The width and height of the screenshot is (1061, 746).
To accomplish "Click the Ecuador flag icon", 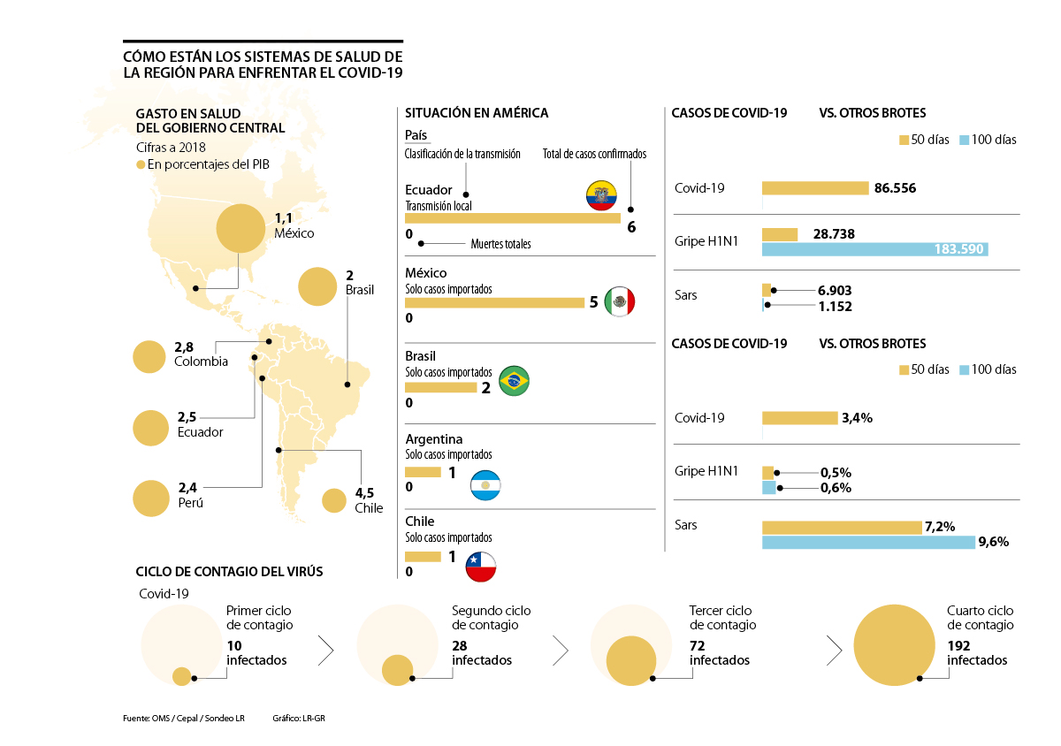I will pyautogui.click(x=601, y=194).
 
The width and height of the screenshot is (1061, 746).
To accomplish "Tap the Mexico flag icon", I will pyautogui.click(x=619, y=301).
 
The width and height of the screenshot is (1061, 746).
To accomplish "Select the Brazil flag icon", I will pyautogui.click(x=515, y=381).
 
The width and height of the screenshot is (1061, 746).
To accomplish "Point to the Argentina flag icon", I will pyautogui.click(x=485, y=485).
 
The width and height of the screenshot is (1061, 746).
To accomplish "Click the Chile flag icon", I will pyautogui.click(x=481, y=566).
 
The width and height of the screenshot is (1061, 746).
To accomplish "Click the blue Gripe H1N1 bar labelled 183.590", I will pyautogui.click(x=874, y=249).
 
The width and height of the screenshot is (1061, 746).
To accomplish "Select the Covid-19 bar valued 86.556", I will pyautogui.click(x=815, y=188).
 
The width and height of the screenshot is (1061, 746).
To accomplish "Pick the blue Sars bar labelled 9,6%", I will pyautogui.click(x=868, y=542).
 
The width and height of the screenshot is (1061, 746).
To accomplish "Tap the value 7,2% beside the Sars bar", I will pyautogui.click(x=939, y=527).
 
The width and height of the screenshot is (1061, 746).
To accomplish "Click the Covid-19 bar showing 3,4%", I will pyautogui.click(x=799, y=418).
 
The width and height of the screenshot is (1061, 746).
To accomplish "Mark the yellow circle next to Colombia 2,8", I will pyautogui.click(x=149, y=357).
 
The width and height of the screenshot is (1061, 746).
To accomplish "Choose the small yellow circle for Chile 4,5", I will pyautogui.click(x=333, y=501).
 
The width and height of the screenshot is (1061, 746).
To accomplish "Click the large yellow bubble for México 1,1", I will pyautogui.click(x=240, y=229).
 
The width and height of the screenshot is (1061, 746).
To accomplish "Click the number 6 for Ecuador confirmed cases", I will pyautogui.click(x=631, y=226).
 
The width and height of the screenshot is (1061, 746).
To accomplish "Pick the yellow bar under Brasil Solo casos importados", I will pyautogui.click(x=440, y=387).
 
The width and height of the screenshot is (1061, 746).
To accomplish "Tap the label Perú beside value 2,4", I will pyautogui.click(x=190, y=502).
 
